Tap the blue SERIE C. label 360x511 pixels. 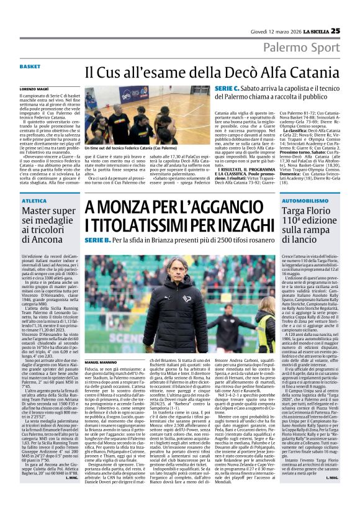coord(225,89)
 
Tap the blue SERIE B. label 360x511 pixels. coord(97,240)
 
